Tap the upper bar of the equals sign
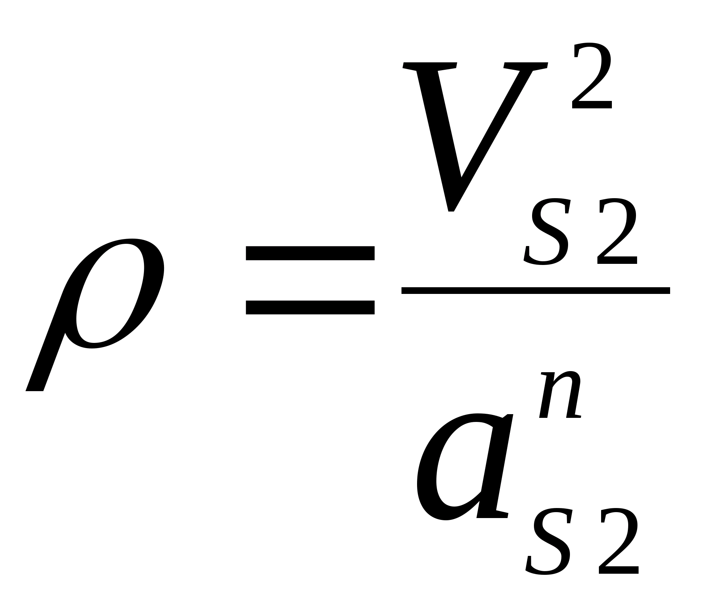(x=310, y=253)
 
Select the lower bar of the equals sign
(x=310, y=307)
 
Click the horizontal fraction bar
(x=535, y=291)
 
